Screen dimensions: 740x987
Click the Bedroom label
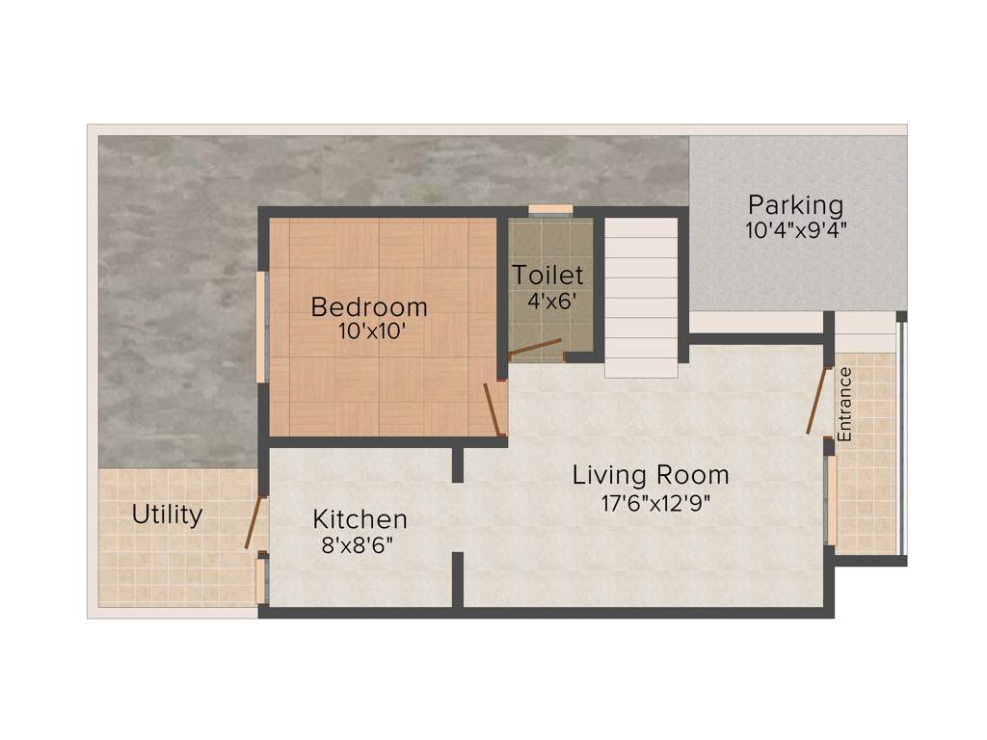369,307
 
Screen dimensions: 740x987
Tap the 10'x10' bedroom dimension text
369,330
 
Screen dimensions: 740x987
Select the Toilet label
547,274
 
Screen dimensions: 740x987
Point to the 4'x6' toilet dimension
551,300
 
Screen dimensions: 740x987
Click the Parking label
795,205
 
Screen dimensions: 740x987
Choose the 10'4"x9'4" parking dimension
795,230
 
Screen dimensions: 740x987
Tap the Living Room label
651,475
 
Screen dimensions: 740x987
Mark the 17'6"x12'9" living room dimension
651,502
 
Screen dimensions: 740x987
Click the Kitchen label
360,519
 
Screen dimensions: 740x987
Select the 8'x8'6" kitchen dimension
358,544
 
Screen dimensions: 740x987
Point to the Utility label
167,515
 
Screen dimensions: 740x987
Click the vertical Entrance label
845,405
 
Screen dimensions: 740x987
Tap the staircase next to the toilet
641,299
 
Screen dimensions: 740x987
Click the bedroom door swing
493,408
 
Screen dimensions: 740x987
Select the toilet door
535,347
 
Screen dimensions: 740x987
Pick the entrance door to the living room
818,400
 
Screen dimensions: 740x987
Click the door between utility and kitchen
253,521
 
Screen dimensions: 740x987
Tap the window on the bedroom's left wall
259,328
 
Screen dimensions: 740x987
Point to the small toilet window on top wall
550,209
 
